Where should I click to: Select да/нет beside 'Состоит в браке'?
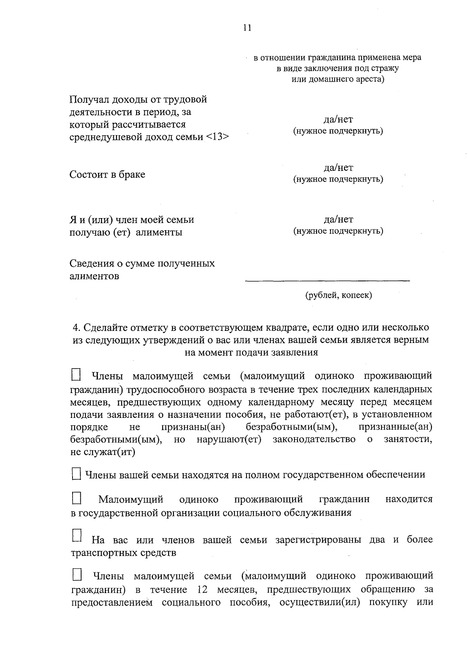point(338,168)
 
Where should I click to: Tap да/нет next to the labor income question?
point(338,119)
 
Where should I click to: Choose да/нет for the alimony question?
point(338,220)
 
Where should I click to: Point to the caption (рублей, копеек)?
point(338,295)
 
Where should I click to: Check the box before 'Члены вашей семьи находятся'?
point(76,474)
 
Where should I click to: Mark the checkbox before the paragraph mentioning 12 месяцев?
point(77,575)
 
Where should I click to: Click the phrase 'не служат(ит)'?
point(103,452)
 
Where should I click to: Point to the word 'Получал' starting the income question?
point(89,99)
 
